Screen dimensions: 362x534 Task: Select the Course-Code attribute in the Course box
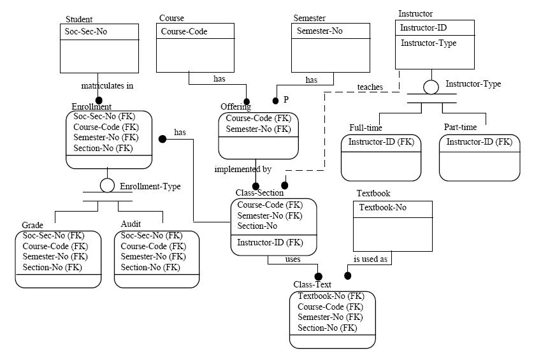[x=184, y=31]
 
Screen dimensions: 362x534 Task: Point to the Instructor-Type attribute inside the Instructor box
[x=428, y=43]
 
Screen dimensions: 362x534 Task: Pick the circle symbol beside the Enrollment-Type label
[x=107, y=185]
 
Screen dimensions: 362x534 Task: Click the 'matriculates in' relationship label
[x=107, y=85]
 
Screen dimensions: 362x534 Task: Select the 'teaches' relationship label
[x=370, y=87]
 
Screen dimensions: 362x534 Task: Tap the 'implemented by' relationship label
[x=243, y=170]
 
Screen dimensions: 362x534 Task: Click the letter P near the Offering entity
[x=286, y=100]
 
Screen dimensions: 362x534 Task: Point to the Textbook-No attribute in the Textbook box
[x=382, y=207]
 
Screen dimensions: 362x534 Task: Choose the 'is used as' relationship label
[x=372, y=259]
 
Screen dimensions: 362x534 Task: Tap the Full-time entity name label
[x=366, y=128]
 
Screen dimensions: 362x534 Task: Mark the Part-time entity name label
[x=461, y=128]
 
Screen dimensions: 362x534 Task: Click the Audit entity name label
[x=131, y=224]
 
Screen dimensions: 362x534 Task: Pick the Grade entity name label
[x=32, y=224]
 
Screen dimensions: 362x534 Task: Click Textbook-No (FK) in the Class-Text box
[x=331, y=296]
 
